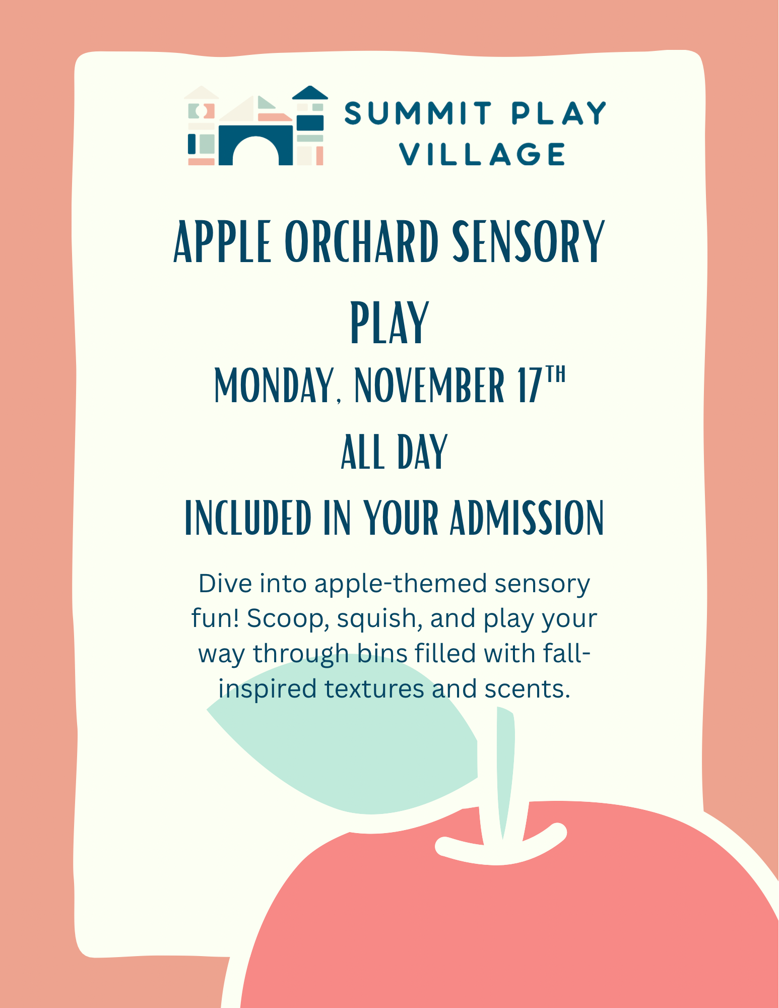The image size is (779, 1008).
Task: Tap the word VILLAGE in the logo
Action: (x=483, y=154)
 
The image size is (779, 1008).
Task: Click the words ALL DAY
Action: (x=394, y=452)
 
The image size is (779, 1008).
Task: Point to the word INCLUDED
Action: (x=248, y=518)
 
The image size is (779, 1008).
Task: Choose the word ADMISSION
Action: (x=527, y=518)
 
